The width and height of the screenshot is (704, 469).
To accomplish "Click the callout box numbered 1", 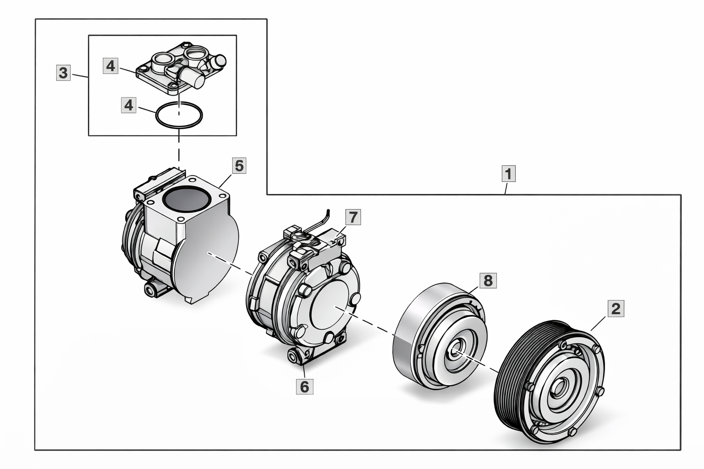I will coord(508,174).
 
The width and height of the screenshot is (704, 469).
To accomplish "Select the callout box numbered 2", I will coord(616,308).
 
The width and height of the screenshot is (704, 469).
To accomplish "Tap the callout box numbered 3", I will coord(63,72).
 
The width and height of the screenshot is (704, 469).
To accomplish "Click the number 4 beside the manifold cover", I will coord(111,66).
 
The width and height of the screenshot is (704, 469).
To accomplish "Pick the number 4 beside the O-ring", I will coord(129,105).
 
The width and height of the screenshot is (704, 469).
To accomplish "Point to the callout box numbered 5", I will coord(239,165).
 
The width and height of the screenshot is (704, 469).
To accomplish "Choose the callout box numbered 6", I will coord(304,386).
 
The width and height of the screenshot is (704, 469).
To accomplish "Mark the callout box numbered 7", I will coord(352,217).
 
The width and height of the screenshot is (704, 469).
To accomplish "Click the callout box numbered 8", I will coord(488,280).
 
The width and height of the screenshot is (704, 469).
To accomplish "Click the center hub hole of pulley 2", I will coord(558,391).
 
